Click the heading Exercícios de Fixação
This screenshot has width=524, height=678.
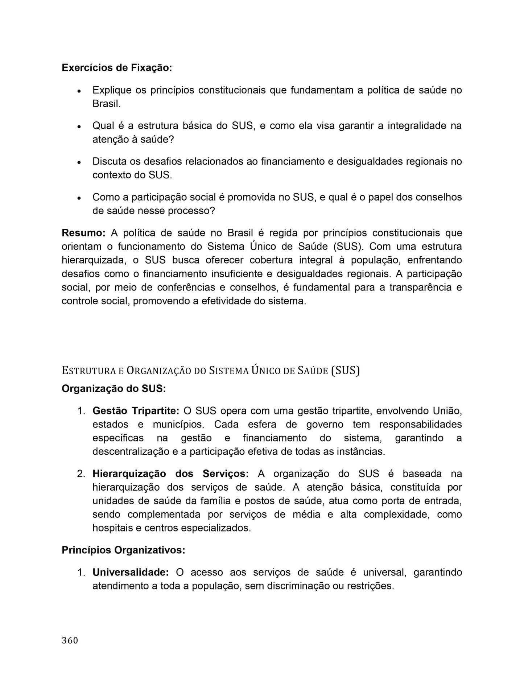(x=116, y=68)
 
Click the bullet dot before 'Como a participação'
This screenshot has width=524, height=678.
(x=79, y=198)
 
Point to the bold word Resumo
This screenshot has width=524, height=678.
(x=83, y=233)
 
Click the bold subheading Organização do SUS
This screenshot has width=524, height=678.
(x=114, y=389)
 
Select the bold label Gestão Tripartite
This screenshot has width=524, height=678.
(x=136, y=411)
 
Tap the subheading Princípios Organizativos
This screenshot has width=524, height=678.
(x=123, y=550)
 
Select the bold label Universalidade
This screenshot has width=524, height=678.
(x=131, y=572)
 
